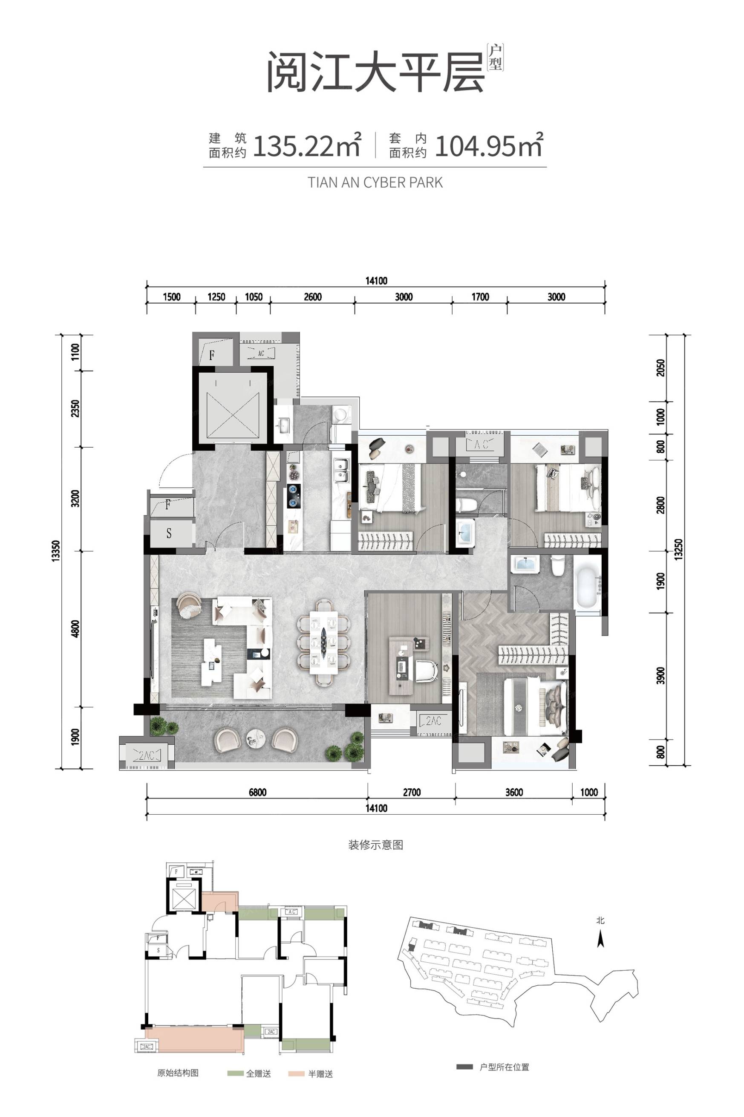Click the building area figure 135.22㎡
pos(308,145)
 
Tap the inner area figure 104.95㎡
pos(488,145)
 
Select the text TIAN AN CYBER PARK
pos(375,183)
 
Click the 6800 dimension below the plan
pos(257,792)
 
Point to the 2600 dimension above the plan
pos(313,297)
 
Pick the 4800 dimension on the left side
pos(75,629)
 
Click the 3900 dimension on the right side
pos(661,675)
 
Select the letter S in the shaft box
pos(169,533)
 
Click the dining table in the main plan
pos(323,643)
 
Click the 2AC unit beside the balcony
pos(146,754)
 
